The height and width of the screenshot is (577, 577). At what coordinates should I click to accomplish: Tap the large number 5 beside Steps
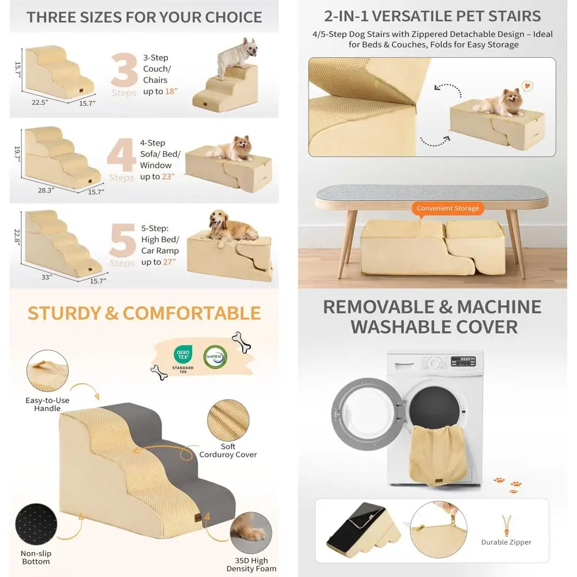[x=123, y=238]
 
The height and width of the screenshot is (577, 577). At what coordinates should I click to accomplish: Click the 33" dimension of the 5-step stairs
[x=46, y=277]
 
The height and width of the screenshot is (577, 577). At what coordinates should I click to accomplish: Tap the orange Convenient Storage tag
[x=447, y=208]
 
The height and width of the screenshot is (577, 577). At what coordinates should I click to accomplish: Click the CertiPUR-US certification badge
[x=215, y=355]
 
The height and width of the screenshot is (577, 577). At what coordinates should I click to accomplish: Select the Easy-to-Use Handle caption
[x=47, y=404]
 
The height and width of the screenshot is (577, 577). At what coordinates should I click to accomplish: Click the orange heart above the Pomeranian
[x=526, y=86]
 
